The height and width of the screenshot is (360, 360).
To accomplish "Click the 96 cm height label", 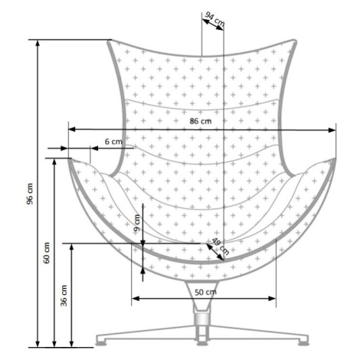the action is pyautogui.click(x=30, y=194).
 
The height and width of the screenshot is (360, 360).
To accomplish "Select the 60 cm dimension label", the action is pyautogui.click(x=47, y=253).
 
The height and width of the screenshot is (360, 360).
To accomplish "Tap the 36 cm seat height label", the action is pyautogui.click(x=64, y=296).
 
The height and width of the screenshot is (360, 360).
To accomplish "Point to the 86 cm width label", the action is pyautogui.click(x=201, y=121).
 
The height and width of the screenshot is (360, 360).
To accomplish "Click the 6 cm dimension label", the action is pyautogui.click(x=113, y=141).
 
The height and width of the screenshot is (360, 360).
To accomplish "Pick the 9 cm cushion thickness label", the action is pyautogui.click(x=137, y=223).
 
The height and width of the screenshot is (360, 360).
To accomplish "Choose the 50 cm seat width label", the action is pyautogui.click(x=206, y=292).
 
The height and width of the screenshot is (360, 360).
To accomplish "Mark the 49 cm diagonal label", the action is pyautogui.click(x=221, y=246).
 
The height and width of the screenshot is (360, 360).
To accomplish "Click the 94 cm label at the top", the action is pyautogui.click(x=215, y=19).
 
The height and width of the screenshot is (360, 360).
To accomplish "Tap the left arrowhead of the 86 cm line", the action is pyautogui.click(x=72, y=129).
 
